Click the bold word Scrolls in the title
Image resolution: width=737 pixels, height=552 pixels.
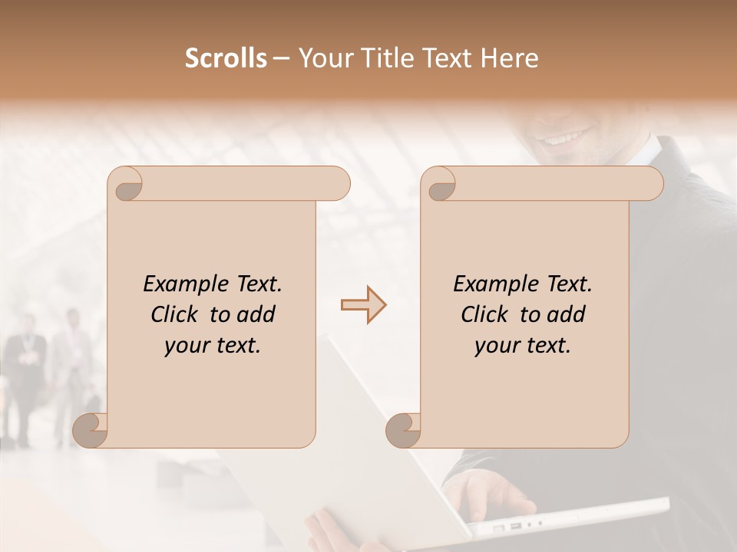(226, 58)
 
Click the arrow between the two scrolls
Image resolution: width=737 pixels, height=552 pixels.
(363, 305)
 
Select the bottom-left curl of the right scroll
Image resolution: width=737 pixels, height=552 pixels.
(404, 430)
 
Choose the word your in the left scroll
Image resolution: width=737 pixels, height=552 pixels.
(188, 346)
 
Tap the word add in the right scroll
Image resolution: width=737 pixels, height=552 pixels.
(565, 314)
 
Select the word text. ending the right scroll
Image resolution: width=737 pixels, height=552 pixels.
(547, 346)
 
